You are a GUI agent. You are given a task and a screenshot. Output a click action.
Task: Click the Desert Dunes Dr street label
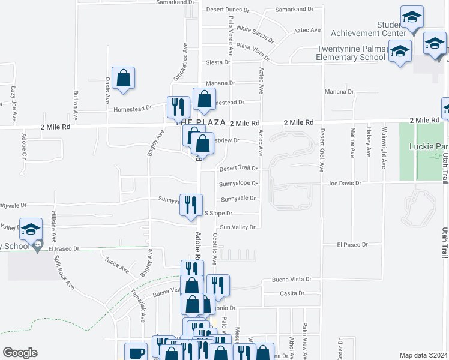pyautogui.click(x=227, y=10)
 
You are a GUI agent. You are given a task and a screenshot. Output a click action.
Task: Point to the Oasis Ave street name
pyautogui.click(x=108, y=88)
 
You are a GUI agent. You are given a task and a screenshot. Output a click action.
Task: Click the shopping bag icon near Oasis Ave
pyautogui.click(x=123, y=79)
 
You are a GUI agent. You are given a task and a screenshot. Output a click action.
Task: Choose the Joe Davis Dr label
pyautogui.click(x=343, y=183)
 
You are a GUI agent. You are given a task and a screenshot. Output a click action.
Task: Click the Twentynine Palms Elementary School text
pyautogui.click(x=351, y=53)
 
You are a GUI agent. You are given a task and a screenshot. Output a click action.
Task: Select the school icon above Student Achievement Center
pyautogui.click(x=412, y=19)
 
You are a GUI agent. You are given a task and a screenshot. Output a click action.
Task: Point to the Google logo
pyautogui.click(x=21, y=353)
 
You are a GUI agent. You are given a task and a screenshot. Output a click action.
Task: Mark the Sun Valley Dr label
pyautogui.click(x=238, y=227)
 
